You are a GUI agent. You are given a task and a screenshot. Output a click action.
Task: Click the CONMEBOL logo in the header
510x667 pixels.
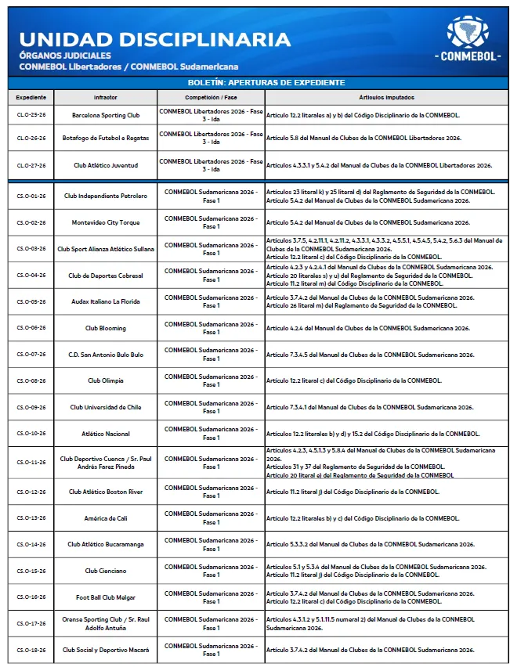tap(468, 40)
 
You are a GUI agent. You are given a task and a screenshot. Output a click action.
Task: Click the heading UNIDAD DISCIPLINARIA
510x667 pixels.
tap(154, 39)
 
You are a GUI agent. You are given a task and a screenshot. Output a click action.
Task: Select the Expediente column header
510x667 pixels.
tap(31, 97)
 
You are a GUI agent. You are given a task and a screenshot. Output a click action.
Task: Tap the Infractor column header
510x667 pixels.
tap(106, 97)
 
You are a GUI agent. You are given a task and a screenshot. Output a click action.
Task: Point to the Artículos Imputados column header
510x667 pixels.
tap(387, 97)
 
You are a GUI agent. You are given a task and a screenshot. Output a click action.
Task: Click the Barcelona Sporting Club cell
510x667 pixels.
tap(106, 115)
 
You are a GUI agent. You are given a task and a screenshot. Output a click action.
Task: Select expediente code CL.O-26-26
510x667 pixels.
tap(31, 138)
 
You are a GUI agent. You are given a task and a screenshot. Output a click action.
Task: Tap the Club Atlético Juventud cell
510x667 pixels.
tap(106, 165)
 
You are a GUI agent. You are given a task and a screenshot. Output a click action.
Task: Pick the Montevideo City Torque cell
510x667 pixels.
tap(106, 222)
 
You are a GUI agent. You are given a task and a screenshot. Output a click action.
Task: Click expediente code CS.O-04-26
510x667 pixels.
tap(31, 276)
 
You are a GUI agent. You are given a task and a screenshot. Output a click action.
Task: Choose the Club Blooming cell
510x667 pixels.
tap(106, 328)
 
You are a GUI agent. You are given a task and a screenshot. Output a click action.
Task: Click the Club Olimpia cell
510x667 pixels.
tap(106, 380)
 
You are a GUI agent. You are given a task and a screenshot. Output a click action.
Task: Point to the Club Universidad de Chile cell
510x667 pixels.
tap(106, 407)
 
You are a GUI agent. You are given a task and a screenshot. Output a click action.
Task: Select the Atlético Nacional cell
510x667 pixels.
tap(106, 434)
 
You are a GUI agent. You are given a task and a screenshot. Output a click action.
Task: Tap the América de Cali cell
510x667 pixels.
tap(106, 518)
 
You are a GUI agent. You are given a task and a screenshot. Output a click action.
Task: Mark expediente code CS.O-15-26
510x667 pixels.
tap(31, 571)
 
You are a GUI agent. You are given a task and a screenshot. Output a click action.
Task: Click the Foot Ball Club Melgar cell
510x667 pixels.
tap(106, 597)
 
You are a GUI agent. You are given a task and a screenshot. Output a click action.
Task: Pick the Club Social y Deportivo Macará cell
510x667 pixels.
tap(106, 650)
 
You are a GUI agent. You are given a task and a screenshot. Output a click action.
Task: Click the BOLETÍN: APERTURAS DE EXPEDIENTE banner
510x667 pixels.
tap(255, 82)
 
